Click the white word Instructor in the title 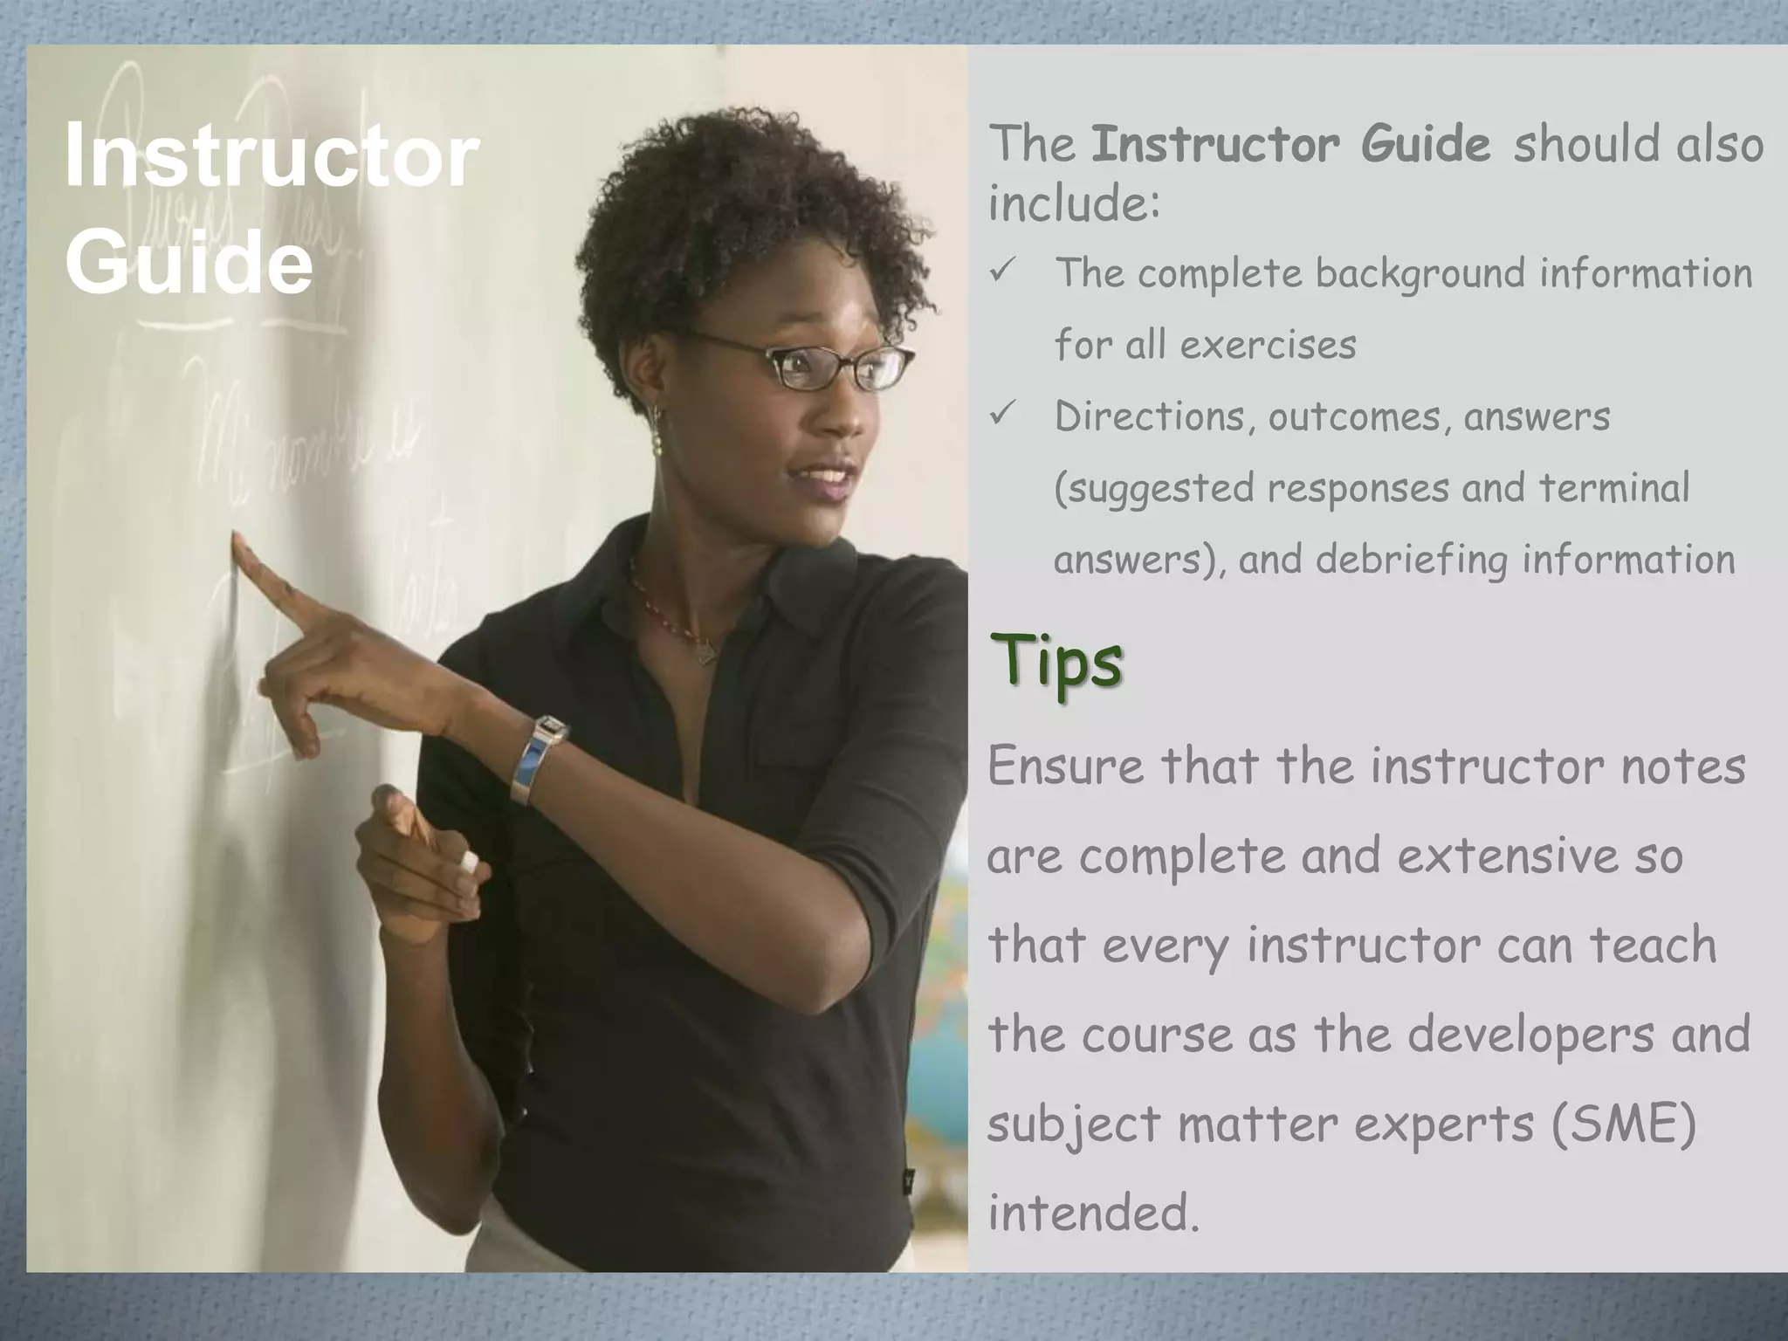point(272,156)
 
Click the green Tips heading point(1056,661)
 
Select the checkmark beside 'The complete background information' point(1000,272)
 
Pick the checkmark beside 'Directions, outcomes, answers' point(1000,415)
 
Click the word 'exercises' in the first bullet point(1268,345)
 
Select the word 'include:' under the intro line point(1075,204)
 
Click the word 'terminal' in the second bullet point(1614,487)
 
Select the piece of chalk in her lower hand point(470,863)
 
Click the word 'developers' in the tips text point(1530,1034)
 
